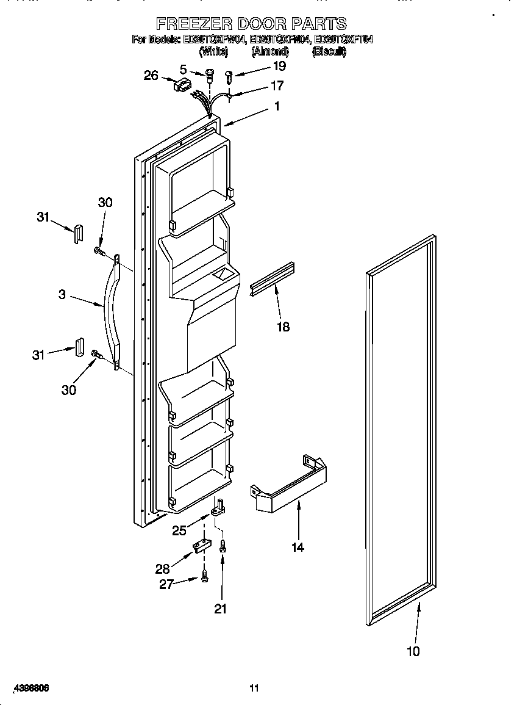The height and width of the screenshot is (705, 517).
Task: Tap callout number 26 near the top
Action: click(151, 76)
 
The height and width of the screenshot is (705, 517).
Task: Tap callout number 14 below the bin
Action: click(297, 547)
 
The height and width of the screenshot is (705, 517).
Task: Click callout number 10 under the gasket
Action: click(413, 651)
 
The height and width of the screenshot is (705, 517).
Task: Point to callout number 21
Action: click(221, 608)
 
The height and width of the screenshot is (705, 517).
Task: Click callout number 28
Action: click(162, 568)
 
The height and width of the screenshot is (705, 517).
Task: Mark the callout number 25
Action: click(179, 530)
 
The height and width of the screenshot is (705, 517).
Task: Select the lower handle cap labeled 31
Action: click(79, 345)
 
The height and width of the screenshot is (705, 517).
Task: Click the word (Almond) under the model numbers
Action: click(269, 52)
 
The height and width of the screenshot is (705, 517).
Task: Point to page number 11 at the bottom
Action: click(255, 688)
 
